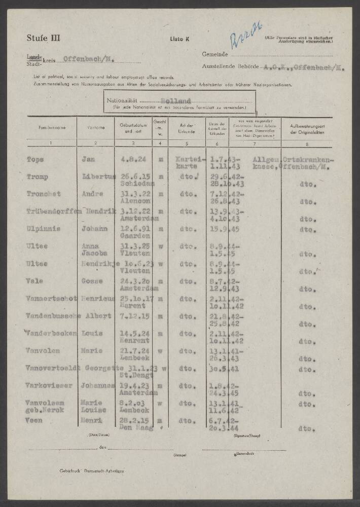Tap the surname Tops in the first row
35,159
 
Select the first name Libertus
97,176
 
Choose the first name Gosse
92,281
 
